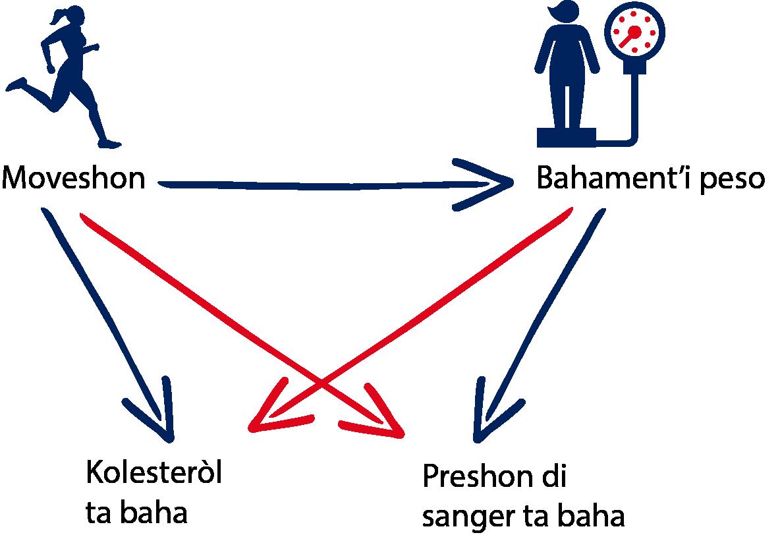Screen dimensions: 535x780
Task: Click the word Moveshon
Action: click(73, 179)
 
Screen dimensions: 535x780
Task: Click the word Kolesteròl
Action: click(153, 474)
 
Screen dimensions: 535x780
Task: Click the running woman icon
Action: click(66, 79)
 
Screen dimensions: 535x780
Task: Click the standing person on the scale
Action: click(568, 72)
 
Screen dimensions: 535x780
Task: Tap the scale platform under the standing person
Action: click(567, 136)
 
